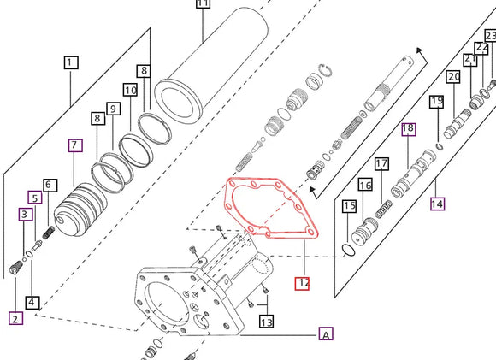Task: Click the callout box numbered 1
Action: click(x=70, y=62)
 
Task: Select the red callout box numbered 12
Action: click(x=303, y=283)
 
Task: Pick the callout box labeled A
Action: click(x=326, y=334)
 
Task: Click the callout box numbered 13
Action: click(x=267, y=322)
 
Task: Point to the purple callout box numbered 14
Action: click(x=438, y=204)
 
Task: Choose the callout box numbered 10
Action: click(x=130, y=90)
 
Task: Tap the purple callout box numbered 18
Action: click(x=408, y=129)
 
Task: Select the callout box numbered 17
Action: click(x=381, y=163)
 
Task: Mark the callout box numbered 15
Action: click(x=349, y=206)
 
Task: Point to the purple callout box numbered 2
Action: click(x=15, y=319)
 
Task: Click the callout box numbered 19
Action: click(x=437, y=103)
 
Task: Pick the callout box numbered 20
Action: click(x=453, y=77)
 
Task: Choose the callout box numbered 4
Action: click(x=32, y=302)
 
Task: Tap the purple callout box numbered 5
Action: click(x=34, y=198)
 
